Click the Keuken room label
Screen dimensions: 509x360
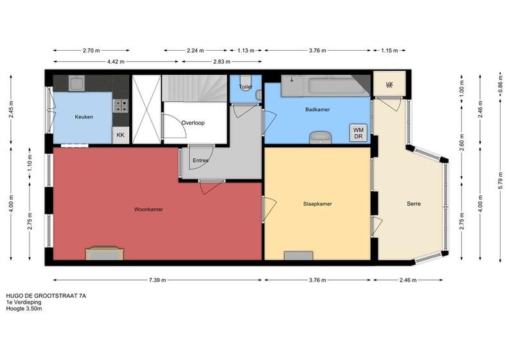pyautogui.click(x=84, y=117)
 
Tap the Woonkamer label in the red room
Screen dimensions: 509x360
pyautogui.click(x=148, y=210)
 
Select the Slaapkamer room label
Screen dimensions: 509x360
pyautogui.click(x=317, y=204)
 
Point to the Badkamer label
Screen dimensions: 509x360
pyautogui.click(x=317, y=109)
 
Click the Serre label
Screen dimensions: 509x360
pyautogui.click(x=414, y=204)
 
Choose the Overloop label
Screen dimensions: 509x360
pyautogui.click(x=193, y=123)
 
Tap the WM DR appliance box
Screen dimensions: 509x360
pyautogui.click(x=359, y=133)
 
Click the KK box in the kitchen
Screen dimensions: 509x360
pyautogui.click(x=120, y=135)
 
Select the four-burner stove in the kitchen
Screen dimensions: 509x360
pyautogui.click(x=120, y=106)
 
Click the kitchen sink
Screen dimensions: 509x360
pyautogui.click(x=76, y=83)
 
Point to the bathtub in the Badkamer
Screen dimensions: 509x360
pyautogui.click(x=326, y=86)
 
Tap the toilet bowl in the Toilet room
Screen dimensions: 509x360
pyautogui.click(x=245, y=83)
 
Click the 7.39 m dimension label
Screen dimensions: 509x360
pyautogui.click(x=157, y=280)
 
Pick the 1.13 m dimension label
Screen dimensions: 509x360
pyautogui.click(x=246, y=50)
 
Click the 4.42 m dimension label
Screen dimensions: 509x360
pyautogui.click(x=116, y=62)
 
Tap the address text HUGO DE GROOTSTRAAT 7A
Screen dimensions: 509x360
pyautogui.click(x=46, y=296)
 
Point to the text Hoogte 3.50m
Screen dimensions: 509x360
pyautogui.click(x=24, y=309)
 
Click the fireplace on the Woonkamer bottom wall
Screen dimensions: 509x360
pyautogui.click(x=104, y=253)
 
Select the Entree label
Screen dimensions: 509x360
pyautogui.click(x=201, y=160)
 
